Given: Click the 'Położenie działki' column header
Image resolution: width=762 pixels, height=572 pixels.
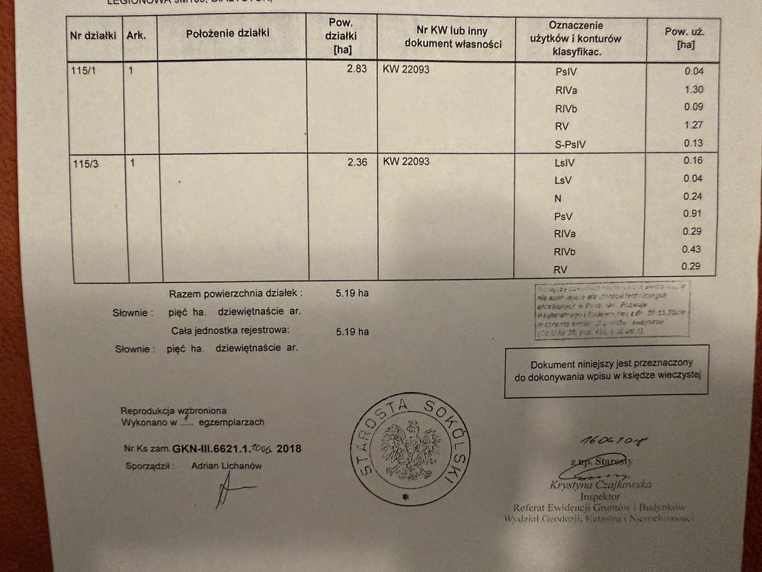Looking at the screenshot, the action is [227, 34].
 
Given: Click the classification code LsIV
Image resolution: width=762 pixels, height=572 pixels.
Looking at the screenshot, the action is [568, 162].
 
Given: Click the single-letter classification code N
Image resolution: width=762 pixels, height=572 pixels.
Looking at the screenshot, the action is [558, 197].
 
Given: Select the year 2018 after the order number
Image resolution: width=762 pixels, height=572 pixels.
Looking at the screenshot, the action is [290, 448].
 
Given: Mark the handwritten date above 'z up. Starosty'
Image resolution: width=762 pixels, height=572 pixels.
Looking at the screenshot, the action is [602, 440].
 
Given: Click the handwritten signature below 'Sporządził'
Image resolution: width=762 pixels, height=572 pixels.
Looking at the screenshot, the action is [224, 490].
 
